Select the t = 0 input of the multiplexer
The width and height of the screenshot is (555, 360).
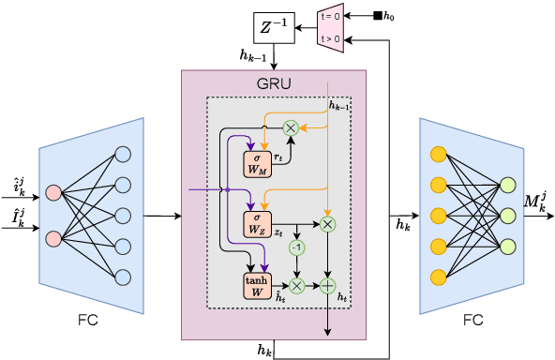tap(331, 15)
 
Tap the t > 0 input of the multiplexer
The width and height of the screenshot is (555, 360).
tap(331, 39)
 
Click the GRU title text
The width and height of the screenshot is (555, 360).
tap(274, 83)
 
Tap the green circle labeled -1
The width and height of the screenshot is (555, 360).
tap(297, 247)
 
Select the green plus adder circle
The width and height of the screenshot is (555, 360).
tap(327, 284)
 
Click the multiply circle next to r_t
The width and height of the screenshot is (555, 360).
tap(291, 127)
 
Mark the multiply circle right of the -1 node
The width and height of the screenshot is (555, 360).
tap(327, 223)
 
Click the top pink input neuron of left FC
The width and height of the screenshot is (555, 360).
tap(53, 193)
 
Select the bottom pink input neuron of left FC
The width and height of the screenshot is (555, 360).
tap(53, 238)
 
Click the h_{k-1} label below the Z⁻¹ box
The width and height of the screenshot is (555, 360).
tap(253, 56)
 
